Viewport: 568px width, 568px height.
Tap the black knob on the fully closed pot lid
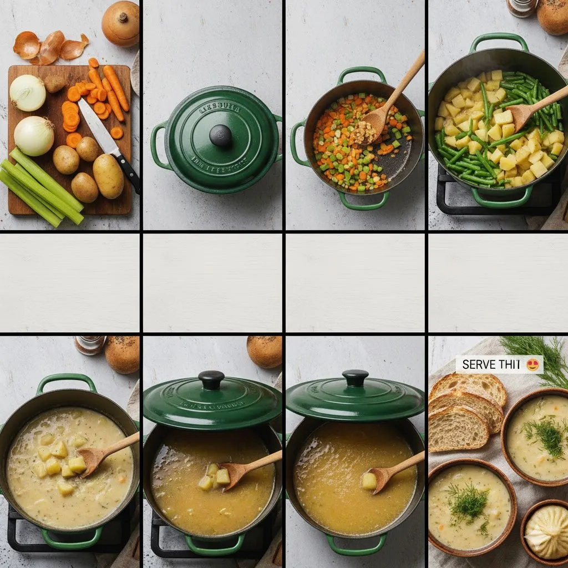[x=220, y=135]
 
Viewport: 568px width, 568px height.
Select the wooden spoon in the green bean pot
[x=532, y=108]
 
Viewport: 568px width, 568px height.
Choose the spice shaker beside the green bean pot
[x=521, y=8]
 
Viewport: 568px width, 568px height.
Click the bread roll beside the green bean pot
[x=554, y=16]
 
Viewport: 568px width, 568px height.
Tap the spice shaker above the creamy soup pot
[x=89, y=344]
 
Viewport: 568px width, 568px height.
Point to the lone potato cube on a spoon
[x=369, y=480]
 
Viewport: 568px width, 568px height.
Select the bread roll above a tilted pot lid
[x=265, y=351]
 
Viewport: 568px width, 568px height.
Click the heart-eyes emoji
[x=532, y=364]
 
